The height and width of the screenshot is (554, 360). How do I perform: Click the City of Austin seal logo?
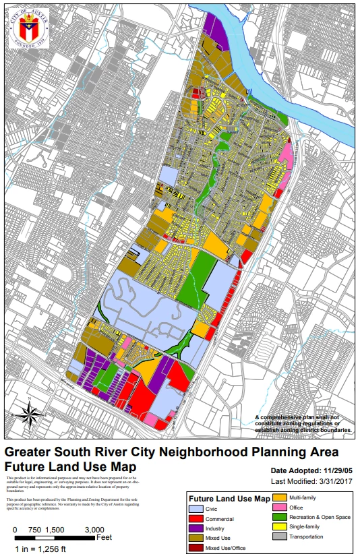28,28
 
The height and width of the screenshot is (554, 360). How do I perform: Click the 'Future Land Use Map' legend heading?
230,499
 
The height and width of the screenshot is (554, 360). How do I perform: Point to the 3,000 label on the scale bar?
94,530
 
